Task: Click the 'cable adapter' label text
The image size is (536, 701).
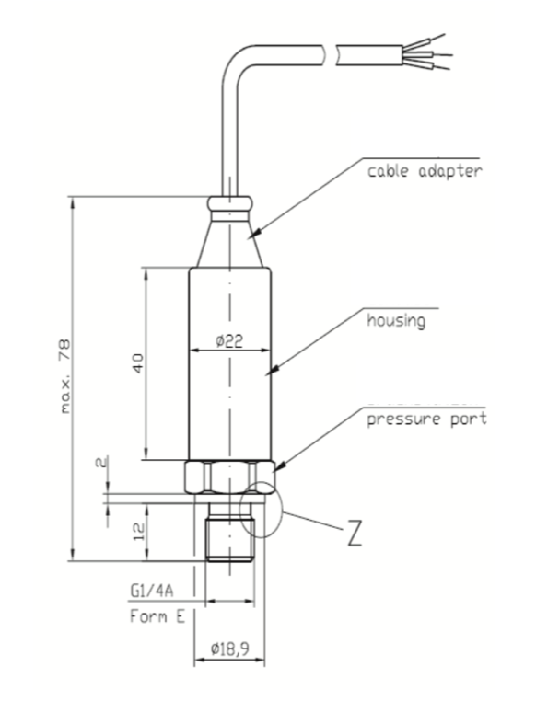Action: pyautogui.click(x=425, y=171)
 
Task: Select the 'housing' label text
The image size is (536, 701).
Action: pyautogui.click(x=396, y=320)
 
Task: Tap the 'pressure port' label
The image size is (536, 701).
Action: pyautogui.click(x=426, y=419)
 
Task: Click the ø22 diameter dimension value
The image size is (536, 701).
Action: pyautogui.click(x=229, y=341)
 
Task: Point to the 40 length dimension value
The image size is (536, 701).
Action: pyautogui.click(x=138, y=363)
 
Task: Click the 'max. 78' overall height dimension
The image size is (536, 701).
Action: pyautogui.click(x=64, y=376)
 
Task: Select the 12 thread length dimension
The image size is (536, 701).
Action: pyautogui.click(x=140, y=531)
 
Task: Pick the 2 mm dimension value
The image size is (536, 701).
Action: pyautogui.click(x=102, y=462)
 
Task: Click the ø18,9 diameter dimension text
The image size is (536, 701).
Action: pyautogui.click(x=230, y=649)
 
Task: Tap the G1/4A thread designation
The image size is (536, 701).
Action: pyautogui.click(x=152, y=591)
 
